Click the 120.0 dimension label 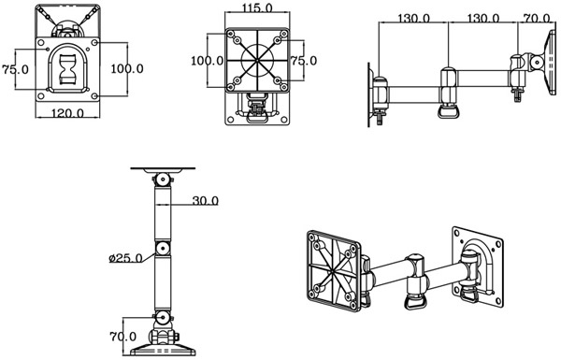click(x=67, y=113)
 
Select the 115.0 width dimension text click(x=257, y=7)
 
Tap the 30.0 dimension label click(x=206, y=201)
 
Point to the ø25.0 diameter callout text click(x=126, y=258)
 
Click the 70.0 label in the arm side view click(x=537, y=18)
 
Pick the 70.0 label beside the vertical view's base click(x=123, y=337)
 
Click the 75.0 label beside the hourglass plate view click(x=15, y=69)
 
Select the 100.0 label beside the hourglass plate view click(x=127, y=68)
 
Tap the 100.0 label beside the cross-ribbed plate click(x=208, y=61)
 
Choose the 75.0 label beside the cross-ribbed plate click(x=303, y=61)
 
